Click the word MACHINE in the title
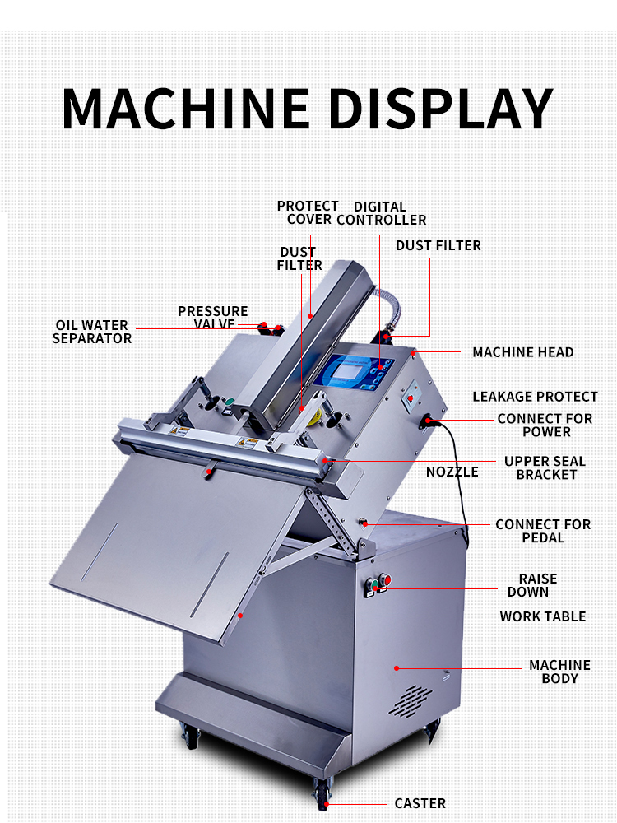coord(186,107)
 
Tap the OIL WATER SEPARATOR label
coord(92,332)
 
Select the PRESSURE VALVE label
coord(213,317)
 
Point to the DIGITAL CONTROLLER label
coord(381,213)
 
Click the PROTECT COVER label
coord(308,212)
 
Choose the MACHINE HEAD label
coord(522,352)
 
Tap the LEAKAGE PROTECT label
coord(535,397)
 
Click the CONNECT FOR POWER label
coord(545,425)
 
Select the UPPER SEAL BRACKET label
coord(540,467)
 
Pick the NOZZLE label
coord(452,472)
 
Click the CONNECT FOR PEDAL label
coord(543,531)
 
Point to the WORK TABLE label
coord(542,616)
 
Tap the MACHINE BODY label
coord(559,672)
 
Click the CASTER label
coord(420,803)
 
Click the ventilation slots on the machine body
coord(409,700)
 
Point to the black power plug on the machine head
coord(429,423)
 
